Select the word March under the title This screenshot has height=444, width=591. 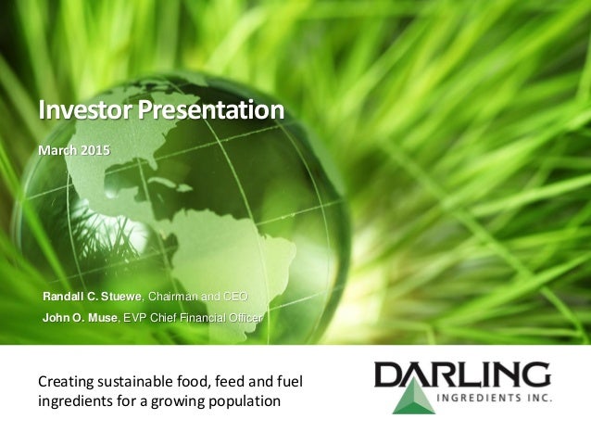point(57,150)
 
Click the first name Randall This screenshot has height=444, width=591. point(64,297)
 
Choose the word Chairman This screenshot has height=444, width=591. point(174,297)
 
